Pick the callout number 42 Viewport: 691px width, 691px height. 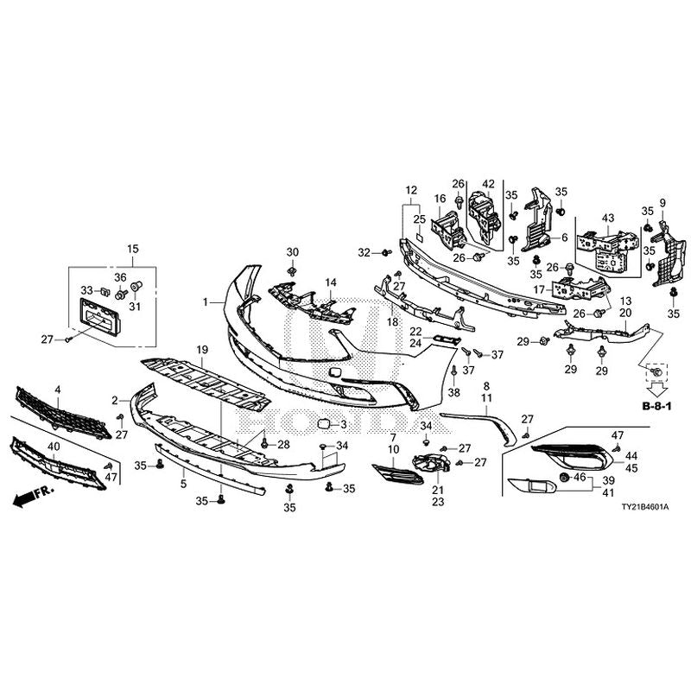[x=488, y=183]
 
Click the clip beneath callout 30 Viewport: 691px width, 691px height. [x=293, y=270]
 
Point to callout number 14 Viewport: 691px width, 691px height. [x=330, y=283]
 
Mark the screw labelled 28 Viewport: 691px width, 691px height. [x=263, y=445]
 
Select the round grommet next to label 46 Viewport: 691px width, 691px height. [x=564, y=477]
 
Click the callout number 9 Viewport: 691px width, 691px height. [x=662, y=203]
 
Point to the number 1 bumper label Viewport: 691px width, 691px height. [x=206, y=302]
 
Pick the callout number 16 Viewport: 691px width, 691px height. [x=440, y=199]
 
